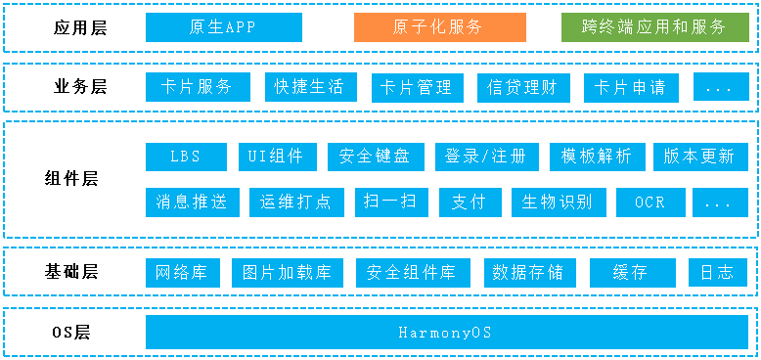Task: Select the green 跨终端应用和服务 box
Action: [x=655, y=27]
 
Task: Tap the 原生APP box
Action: [x=222, y=27]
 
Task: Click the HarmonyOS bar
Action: [x=445, y=333]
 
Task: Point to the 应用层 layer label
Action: [x=79, y=27]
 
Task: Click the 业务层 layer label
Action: [x=79, y=87]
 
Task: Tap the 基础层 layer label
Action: [x=74, y=271]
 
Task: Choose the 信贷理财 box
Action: [x=522, y=87]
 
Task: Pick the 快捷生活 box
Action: [x=310, y=87]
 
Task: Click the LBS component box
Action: [x=185, y=157]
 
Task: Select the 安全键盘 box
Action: [x=375, y=157]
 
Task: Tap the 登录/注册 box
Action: [x=485, y=157]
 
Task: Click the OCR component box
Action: [x=649, y=202]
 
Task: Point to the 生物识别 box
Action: [x=557, y=202]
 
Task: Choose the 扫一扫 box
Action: [x=389, y=202]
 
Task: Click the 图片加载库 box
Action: [x=288, y=272]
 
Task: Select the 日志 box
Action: [x=718, y=272]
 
